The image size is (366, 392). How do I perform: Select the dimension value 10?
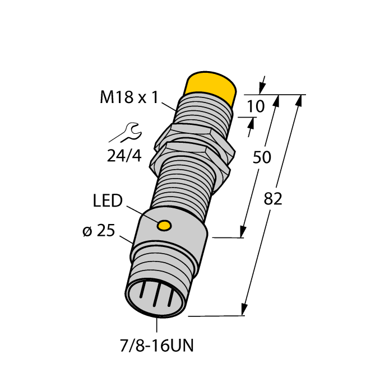coord(256,106)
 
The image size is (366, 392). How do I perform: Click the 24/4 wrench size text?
coord(124,155)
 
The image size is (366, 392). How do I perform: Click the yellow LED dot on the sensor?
coord(164,226)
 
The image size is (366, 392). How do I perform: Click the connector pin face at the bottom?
coord(154,298)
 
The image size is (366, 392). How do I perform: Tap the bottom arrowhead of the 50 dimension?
coord(243,231)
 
